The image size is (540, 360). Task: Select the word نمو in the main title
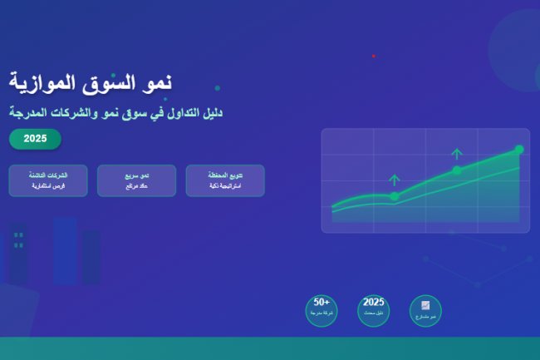156,82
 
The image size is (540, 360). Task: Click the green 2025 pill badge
35,139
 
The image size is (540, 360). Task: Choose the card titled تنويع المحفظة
225,180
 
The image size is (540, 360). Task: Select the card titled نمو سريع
136,180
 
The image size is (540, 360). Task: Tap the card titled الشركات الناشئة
48,180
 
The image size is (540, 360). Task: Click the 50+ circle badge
322,310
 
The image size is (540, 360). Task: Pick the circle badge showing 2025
374,310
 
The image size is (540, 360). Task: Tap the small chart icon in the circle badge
425,305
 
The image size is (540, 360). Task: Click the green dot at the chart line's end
519,150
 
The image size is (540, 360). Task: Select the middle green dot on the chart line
456,170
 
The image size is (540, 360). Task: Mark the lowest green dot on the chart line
394,196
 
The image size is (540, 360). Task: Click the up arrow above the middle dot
456,153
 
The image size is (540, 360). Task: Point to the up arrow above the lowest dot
394,179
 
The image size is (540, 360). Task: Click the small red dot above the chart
374,56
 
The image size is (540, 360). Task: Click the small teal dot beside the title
217,87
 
